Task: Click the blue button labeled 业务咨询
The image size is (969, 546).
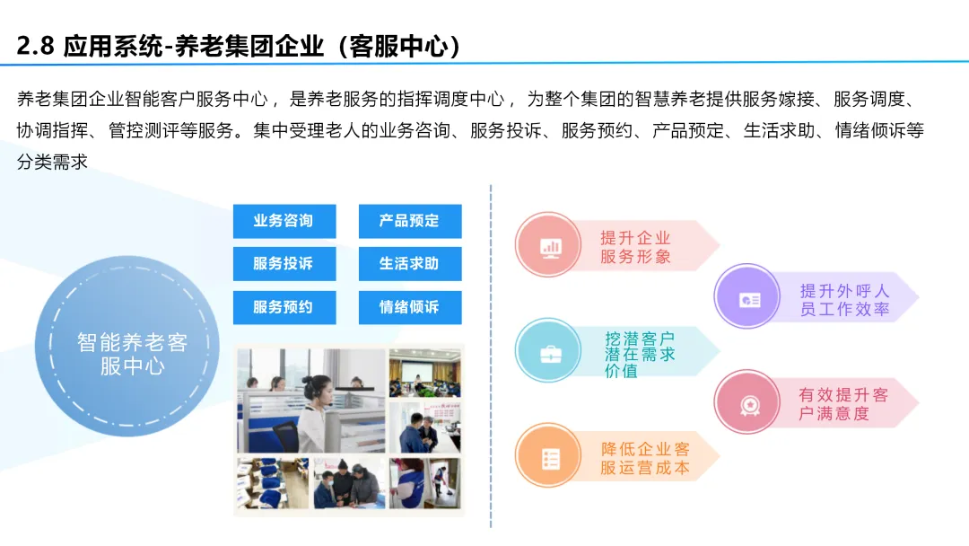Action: pos(284,221)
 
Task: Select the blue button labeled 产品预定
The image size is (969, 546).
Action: pos(409,221)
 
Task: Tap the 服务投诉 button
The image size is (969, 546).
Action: pos(284,264)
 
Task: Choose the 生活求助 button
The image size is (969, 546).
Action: pos(409,264)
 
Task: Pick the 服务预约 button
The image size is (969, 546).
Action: pos(284,307)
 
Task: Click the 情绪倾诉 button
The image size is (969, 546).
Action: pos(409,307)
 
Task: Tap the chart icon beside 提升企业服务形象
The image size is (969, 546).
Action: pos(549,245)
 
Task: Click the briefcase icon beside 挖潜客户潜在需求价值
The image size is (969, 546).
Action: pos(549,353)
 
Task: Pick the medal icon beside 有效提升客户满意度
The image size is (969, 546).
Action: pos(749,404)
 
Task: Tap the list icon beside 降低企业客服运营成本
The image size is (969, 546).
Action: pos(549,459)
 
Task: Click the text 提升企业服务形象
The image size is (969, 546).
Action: pos(636,247)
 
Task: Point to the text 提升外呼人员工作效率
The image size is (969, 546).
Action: pos(844,300)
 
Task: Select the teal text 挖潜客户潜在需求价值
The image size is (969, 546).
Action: pos(640,354)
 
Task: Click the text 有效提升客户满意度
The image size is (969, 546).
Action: pos(842,404)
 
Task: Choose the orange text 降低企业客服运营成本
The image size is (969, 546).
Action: pos(645,459)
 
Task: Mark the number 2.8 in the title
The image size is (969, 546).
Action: pos(36,47)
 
